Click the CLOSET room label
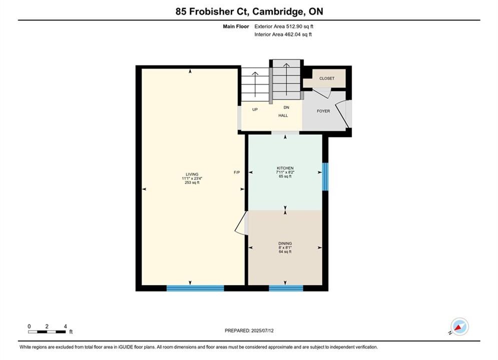pos(327,78)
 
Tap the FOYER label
pos(323,111)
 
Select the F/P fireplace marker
pos(237,172)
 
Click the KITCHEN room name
pos(285,168)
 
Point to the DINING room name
pos(285,243)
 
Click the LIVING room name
pos(192,174)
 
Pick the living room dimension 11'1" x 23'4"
pos(192,178)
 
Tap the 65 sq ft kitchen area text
pos(285,176)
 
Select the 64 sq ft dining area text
pos(285,252)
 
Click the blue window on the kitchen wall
pos(325,176)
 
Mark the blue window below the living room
pos(195,288)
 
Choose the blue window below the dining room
pos(286,288)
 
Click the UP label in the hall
pos(255,109)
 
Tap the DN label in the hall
pos(286,107)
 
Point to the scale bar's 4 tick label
pos(66,326)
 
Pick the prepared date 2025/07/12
pos(262,330)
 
